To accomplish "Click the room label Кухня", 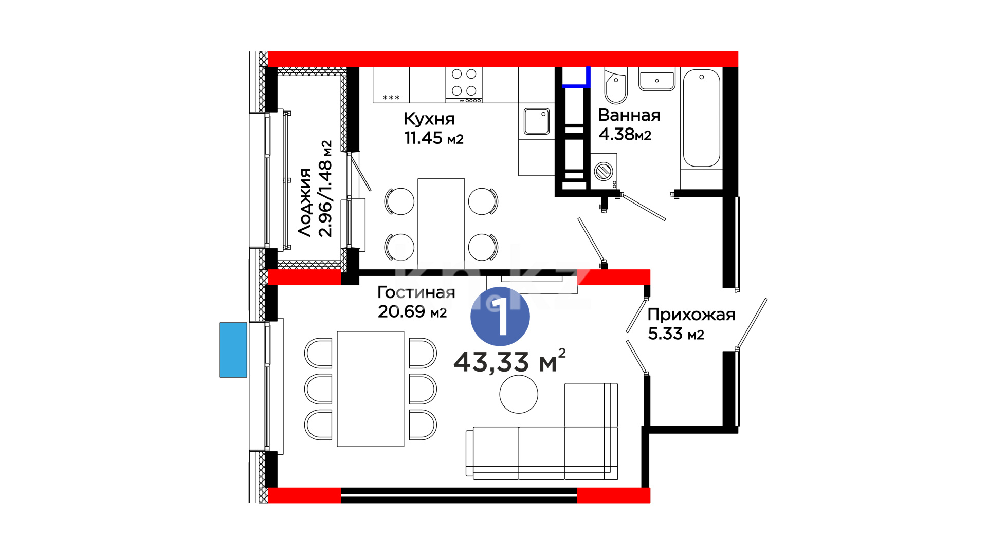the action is click(429, 119).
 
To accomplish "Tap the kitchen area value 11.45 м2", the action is click(434, 138).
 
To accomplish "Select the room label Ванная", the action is click(629, 115).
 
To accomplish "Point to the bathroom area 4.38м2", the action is click(625, 134).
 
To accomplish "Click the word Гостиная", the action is click(416, 292).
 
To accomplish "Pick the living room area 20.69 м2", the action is click(412, 311).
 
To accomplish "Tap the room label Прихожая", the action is click(691, 314).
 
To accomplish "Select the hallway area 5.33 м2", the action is click(676, 334).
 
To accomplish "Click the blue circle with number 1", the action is click(500, 316).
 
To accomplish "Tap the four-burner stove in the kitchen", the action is click(464, 85).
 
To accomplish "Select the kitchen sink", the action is click(537, 121).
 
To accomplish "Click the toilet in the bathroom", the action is click(616, 86).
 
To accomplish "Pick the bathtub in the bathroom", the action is click(702, 118).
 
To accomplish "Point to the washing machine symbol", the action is click(604, 171).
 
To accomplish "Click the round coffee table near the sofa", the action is click(519, 394).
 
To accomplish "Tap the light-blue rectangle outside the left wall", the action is click(233, 350).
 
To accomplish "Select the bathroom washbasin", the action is click(657, 80).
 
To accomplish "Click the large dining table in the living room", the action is click(371, 389).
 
